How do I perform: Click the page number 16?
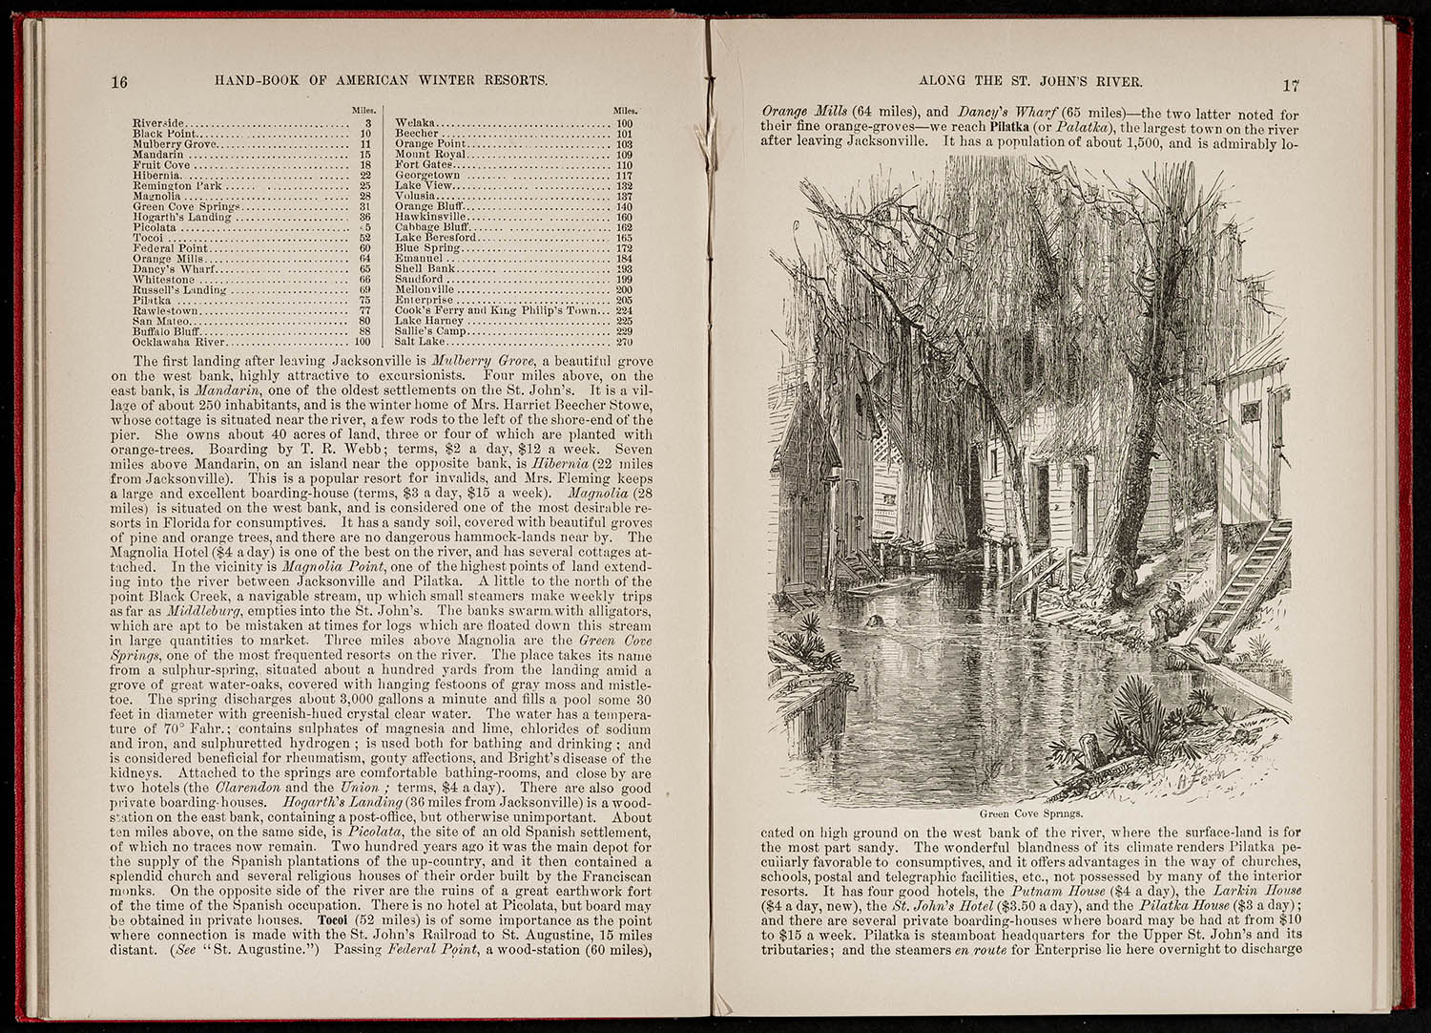119,82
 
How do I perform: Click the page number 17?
1291,85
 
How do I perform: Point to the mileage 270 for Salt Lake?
625,342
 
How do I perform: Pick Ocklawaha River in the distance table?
179,342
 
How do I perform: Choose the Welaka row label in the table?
415,124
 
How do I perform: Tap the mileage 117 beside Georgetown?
625,176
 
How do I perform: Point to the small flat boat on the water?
887,584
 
